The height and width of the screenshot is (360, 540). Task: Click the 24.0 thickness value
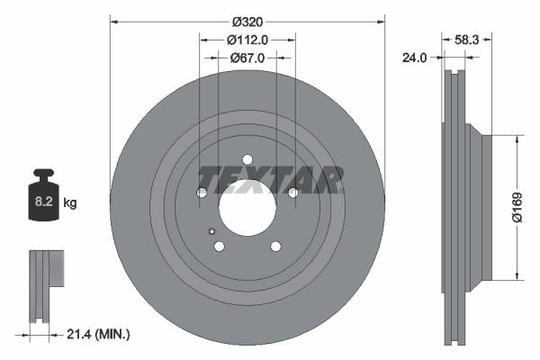pos(414,58)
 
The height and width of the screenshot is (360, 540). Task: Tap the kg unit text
pos(70,203)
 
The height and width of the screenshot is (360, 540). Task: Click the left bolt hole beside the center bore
pos(202,192)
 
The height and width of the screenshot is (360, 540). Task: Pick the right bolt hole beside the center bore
pos(292,192)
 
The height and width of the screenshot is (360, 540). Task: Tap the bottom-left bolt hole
pos(219,247)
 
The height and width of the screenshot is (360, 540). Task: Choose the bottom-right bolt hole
pos(274,247)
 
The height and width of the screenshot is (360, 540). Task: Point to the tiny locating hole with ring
pos(212,230)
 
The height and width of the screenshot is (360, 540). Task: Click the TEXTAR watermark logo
pos(270,180)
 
